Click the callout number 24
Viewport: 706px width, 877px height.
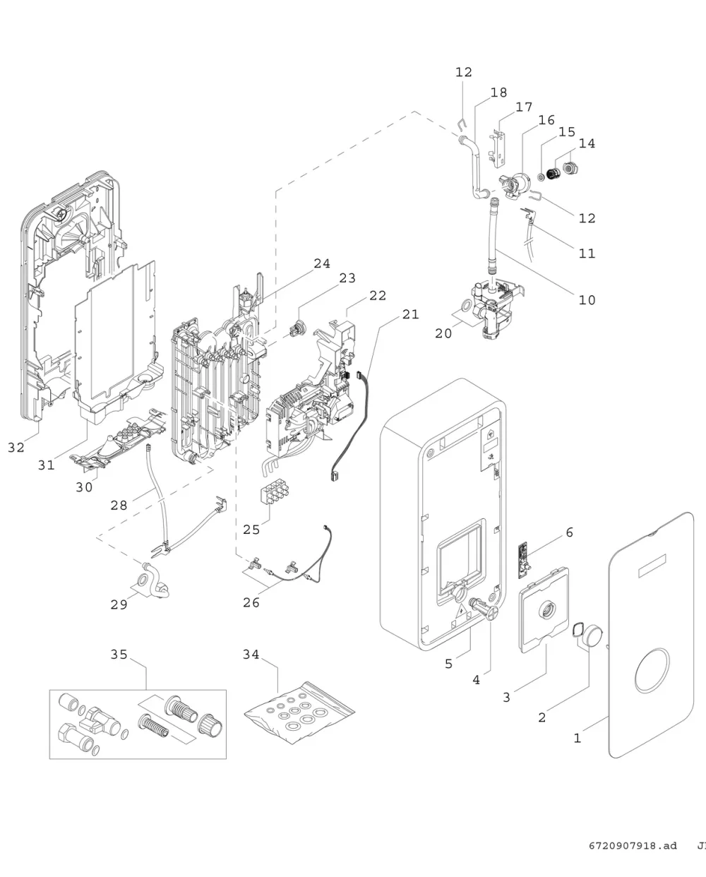(x=322, y=263)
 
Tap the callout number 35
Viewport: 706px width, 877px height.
(x=119, y=654)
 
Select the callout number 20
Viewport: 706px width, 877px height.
(x=443, y=333)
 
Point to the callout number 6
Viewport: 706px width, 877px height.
(x=570, y=532)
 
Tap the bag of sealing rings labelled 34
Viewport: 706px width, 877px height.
(x=299, y=712)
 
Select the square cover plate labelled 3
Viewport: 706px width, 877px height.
(x=544, y=609)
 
